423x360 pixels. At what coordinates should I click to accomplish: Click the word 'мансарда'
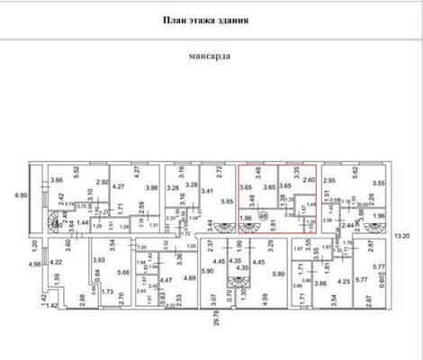point(210,54)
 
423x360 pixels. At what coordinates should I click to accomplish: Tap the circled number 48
point(264,215)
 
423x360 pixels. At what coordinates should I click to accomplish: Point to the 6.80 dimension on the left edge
point(11,193)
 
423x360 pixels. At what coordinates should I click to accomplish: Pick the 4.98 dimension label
point(11,263)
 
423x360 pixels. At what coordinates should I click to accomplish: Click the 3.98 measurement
point(150,188)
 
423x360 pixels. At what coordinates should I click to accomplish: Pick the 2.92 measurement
point(103,183)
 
